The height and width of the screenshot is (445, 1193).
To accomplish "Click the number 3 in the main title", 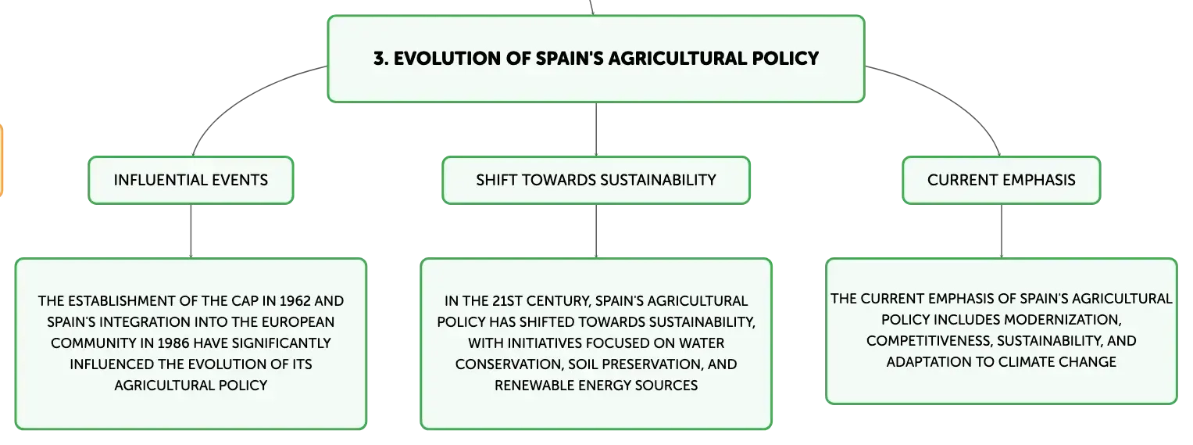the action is coord(380,59).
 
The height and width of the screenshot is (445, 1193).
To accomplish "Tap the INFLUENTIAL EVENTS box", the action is coord(191,180).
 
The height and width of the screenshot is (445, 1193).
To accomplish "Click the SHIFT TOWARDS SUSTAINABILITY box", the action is coord(596,180).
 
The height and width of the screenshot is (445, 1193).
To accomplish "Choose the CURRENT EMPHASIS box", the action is coord(1002,180).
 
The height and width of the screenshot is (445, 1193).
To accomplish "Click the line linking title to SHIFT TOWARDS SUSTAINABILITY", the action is coord(596,130).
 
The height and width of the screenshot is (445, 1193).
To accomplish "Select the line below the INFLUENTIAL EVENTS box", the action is coord(191,231).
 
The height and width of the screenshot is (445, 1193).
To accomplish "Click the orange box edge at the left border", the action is coord(2,160).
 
